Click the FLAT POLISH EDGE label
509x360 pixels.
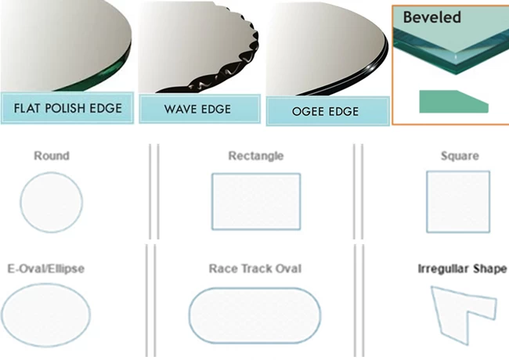pos(68,108)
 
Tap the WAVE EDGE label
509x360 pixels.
pos(197,109)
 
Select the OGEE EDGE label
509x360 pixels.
pos(326,112)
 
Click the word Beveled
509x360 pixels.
pos(431,17)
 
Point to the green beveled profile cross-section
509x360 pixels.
pos(453,102)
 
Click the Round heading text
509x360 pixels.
pos(52,156)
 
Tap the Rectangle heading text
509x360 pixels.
pos(256,156)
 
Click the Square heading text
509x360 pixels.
pos(460,156)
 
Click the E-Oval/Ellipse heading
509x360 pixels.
pos(45,268)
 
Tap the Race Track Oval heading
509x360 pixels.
pos(255,268)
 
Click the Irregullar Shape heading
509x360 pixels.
pos(462,269)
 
